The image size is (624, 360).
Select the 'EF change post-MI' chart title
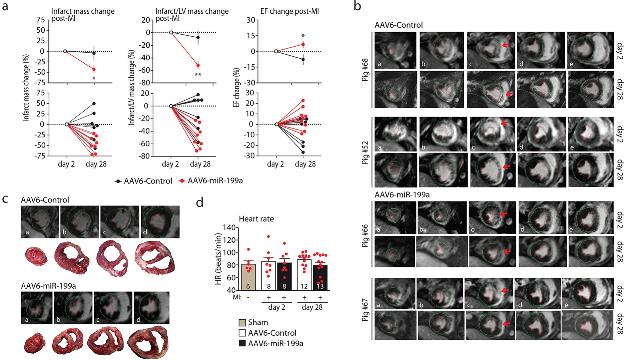(289, 11)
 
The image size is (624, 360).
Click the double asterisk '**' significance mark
(198, 75)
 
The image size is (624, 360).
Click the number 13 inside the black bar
(320, 286)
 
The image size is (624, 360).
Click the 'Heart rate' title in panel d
(256, 219)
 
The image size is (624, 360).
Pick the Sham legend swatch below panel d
(243, 322)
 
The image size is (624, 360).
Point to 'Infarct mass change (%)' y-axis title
(26, 87)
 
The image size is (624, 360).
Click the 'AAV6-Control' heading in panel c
(45, 200)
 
